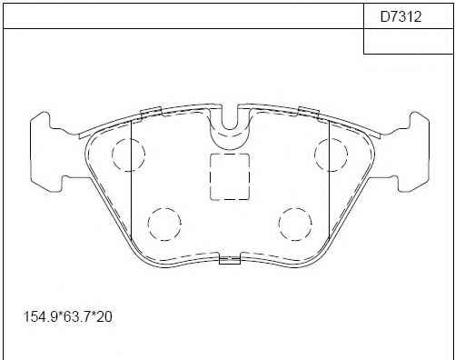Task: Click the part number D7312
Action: coord(401,16)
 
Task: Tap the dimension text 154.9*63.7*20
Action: coord(68,317)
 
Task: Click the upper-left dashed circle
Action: coord(128,155)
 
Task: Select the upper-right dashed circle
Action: coord(331,155)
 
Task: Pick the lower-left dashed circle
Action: coord(164,224)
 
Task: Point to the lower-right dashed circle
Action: coord(295,224)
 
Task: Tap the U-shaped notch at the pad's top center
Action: coord(230,129)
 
